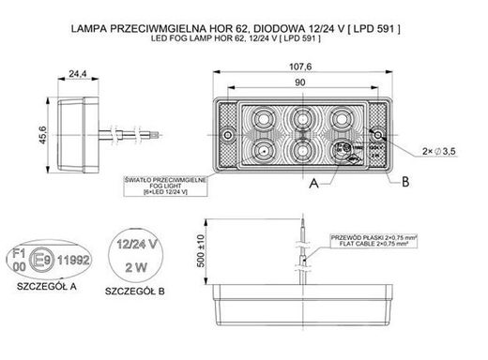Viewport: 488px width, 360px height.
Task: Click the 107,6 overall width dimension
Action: [299, 65]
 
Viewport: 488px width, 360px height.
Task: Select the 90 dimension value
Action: [299, 82]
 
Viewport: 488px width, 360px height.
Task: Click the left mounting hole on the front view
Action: [230, 137]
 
